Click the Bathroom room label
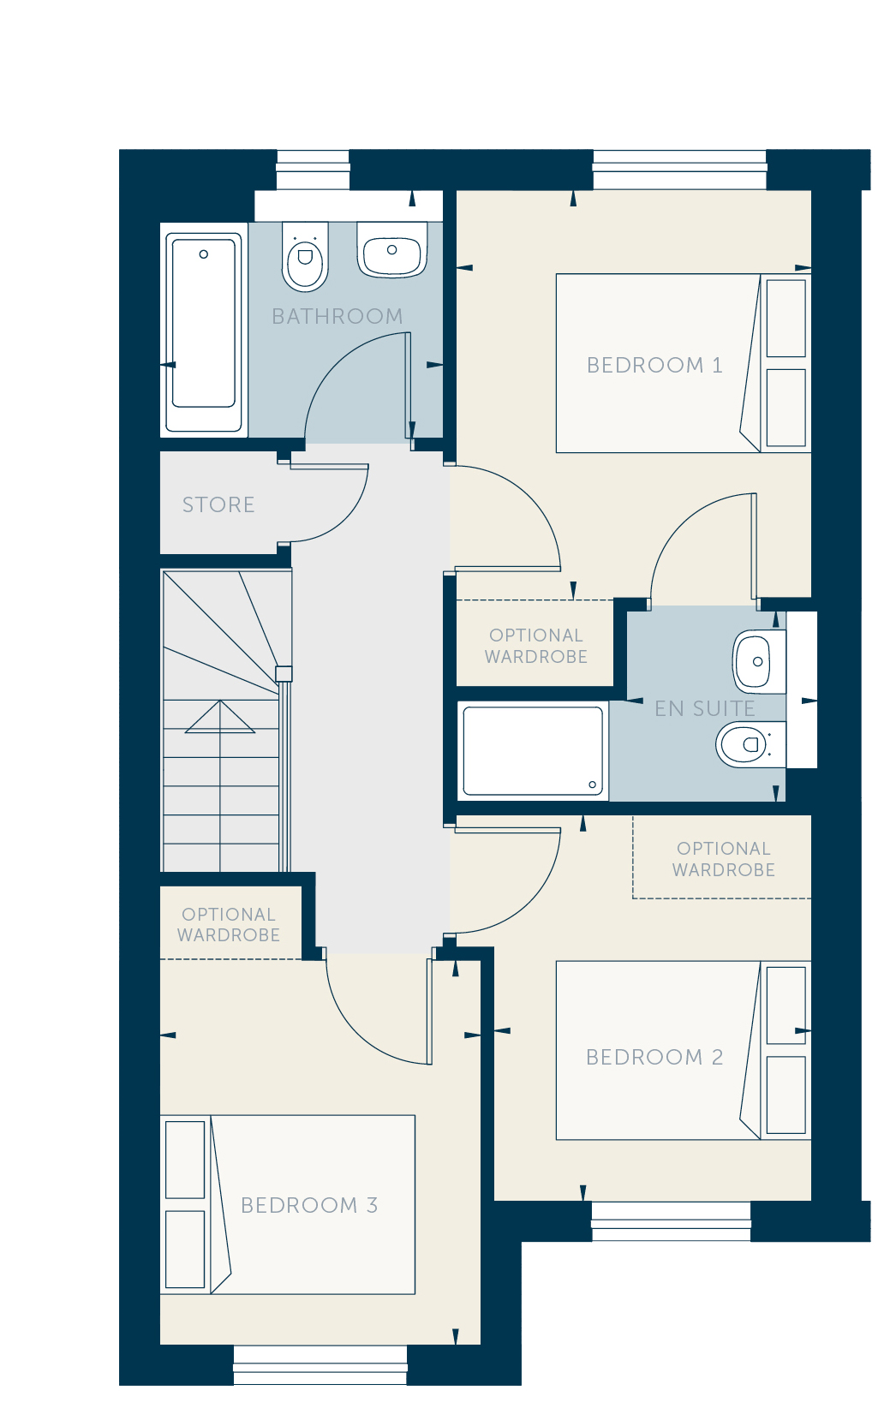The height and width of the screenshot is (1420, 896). [x=337, y=316]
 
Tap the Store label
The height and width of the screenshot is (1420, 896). [x=218, y=504]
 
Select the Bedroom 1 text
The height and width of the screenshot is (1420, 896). [x=654, y=365]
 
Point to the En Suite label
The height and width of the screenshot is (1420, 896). [x=704, y=709]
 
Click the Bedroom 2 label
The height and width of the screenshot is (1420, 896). [x=654, y=1058]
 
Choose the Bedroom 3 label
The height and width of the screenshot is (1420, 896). [x=309, y=1205]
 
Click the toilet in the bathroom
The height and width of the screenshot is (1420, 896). [x=305, y=256]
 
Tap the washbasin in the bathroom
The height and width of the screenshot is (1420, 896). [x=391, y=249]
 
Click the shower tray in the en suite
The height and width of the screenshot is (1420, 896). [x=533, y=750]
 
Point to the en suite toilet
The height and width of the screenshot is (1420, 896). [x=750, y=744]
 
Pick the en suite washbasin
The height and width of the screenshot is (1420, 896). [x=759, y=662]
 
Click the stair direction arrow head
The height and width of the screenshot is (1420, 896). [x=220, y=717]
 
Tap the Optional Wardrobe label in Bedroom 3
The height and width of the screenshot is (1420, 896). [x=229, y=924]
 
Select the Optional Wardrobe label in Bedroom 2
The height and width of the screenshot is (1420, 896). [x=724, y=859]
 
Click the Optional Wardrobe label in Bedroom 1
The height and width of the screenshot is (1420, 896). [x=536, y=646]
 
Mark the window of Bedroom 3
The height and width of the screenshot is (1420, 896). [x=320, y=1365]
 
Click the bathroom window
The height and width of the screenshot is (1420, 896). [x=314, y=170]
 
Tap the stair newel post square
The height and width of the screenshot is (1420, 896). [x=284, y=674]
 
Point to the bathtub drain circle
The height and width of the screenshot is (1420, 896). [x=204, y=254]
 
